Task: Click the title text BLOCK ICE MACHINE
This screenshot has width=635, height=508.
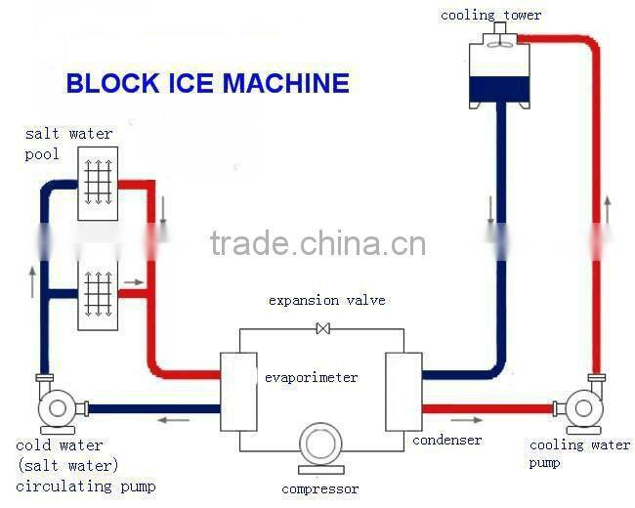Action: coord(207,83)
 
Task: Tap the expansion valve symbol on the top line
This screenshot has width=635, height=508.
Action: coord(322,329)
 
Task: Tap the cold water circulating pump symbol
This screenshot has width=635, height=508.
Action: coord(56,408)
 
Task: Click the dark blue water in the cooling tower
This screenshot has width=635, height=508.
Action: coord(499,92)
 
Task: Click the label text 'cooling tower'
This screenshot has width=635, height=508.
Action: coord(490,15)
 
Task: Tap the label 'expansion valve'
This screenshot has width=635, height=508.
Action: coord(326,300)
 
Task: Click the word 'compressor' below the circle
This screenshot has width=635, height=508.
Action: coord(319,488)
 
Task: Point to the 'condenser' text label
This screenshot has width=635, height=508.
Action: coord(446,441)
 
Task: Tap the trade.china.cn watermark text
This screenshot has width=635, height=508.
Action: coord(317,243)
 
